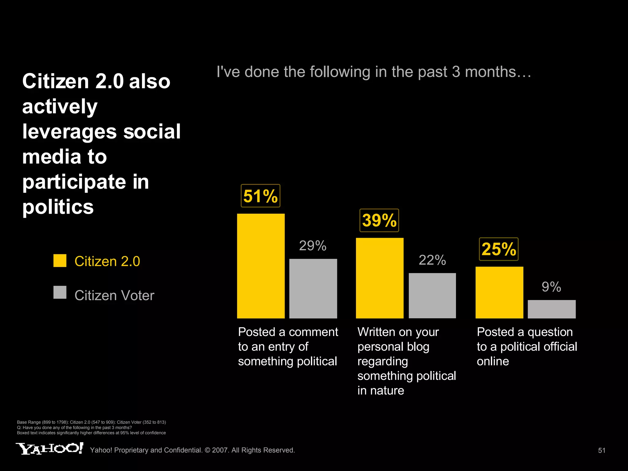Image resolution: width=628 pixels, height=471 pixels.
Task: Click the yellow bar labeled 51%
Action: coord(261,266)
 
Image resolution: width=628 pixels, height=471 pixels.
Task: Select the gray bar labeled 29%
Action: coord(313,289)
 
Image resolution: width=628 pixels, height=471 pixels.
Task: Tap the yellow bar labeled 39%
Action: coord(380,278)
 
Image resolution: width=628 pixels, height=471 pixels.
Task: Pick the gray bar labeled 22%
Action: coord(432,296)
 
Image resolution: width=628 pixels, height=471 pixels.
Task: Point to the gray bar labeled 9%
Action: coord(552,309)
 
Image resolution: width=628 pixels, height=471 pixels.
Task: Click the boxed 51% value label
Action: coord(260,196)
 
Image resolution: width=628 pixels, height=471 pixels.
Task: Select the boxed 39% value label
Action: coord(379,220)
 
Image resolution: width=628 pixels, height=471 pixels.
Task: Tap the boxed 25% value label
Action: coord(499,249)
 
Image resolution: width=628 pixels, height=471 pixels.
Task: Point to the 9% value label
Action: coord(551,287)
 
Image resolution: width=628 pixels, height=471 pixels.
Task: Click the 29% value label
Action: coord(312,246)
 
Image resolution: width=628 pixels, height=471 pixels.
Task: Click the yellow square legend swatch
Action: coord(60,261)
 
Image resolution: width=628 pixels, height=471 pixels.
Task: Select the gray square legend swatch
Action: coord(60,292)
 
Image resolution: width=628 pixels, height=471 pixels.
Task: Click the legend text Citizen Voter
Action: coord(114,296)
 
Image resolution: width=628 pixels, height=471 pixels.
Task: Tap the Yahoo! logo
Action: coord(49,449)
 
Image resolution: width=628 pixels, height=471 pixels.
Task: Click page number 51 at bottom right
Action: coord(602,450)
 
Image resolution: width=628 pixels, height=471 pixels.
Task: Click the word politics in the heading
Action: coord(58,207)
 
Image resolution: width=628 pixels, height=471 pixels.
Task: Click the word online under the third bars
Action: coord(493,361)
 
